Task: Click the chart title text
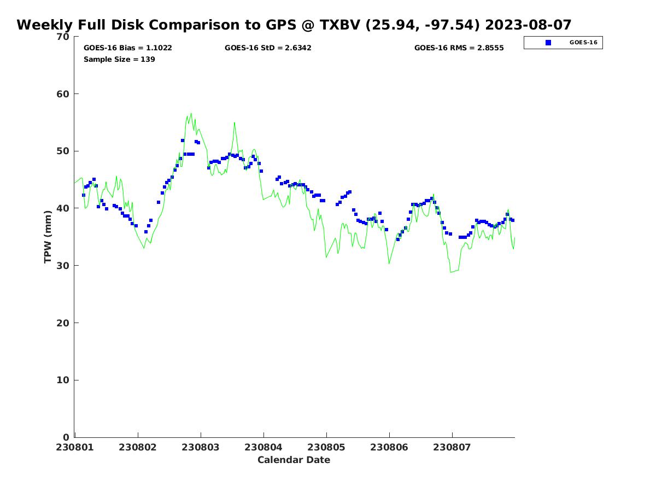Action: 294,25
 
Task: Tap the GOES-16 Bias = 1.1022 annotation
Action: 127,48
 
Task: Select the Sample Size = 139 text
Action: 119,59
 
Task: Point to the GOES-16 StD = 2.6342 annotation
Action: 268,48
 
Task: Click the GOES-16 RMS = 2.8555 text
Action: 459,48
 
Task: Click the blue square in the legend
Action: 548,43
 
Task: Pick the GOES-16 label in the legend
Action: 583,43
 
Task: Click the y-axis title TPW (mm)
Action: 48,237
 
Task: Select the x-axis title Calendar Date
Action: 294,460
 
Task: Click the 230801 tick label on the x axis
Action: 75,447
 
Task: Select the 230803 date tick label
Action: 201,447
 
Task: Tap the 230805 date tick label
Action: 326,447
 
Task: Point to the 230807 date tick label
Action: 452,447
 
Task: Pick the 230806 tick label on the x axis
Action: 389,447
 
